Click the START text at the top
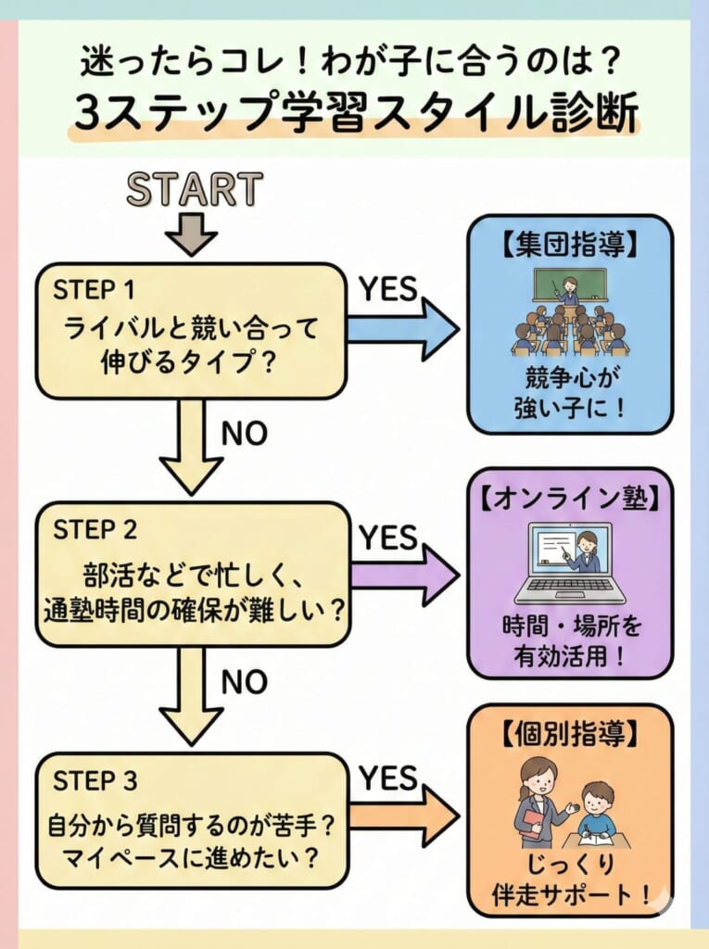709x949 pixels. tap(195, 189)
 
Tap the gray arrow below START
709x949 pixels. tap(192, 235)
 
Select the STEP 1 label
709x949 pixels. tap(95, 290)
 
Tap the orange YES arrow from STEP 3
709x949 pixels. tap(405, 816)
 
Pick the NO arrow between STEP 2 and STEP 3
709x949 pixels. tap(193, 700)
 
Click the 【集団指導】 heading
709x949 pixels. tap(569, 246)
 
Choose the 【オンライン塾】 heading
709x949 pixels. tap(569, 497)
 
